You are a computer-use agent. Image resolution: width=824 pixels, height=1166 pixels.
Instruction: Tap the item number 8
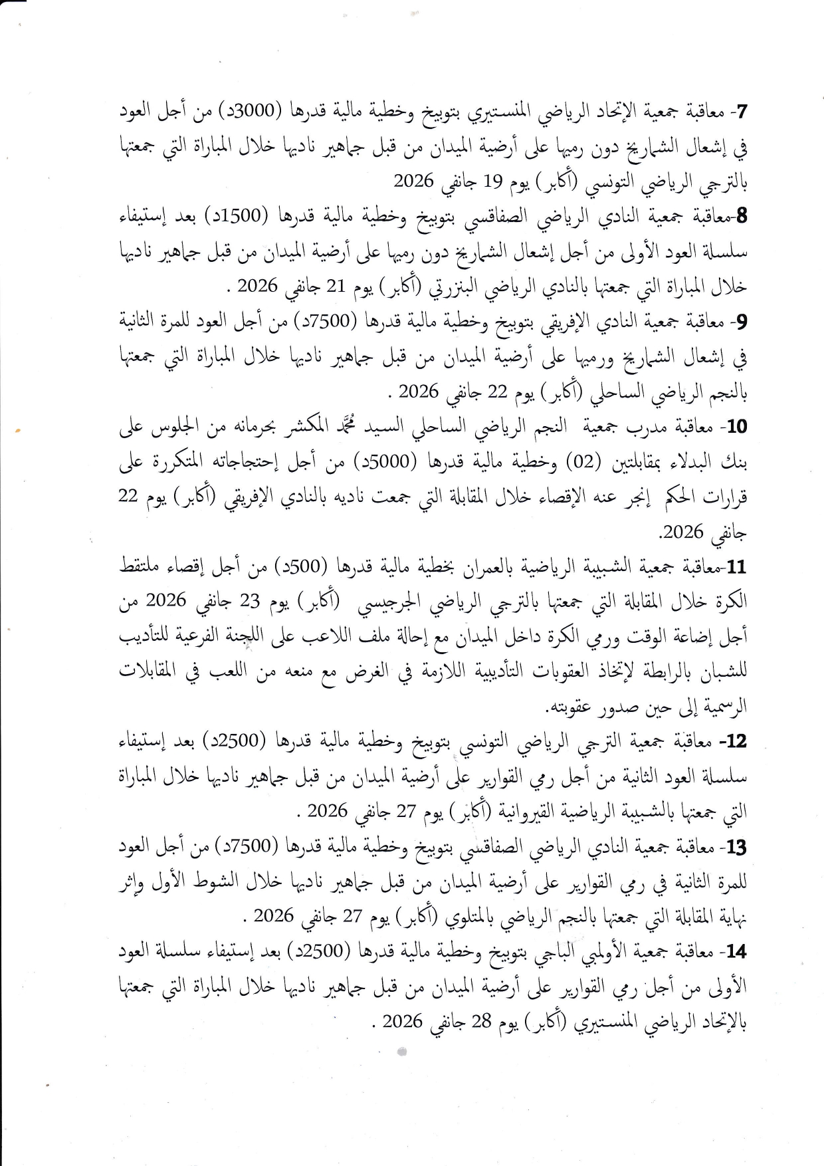pyautogui.click(x=742, y=215)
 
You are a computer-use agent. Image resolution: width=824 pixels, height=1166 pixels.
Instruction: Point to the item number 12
pyautogui.click(x=738, y=741)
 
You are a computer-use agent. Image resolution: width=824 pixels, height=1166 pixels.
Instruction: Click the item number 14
pyautogui.click(x=738, y=951)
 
